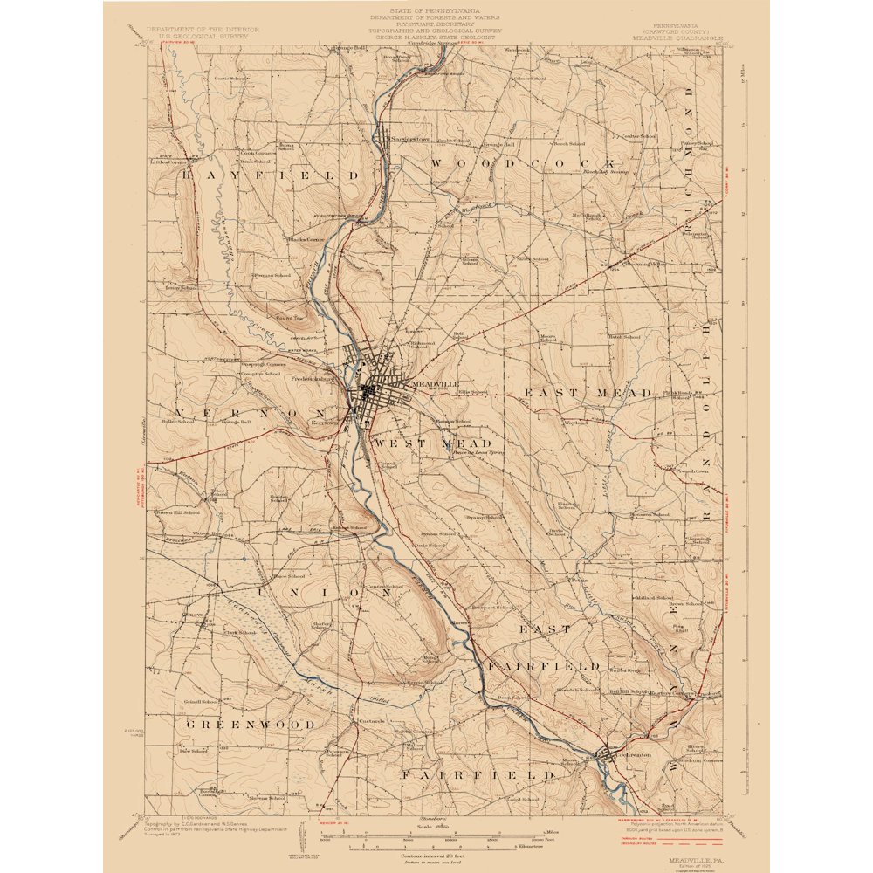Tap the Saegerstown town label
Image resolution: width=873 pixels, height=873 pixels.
pyautogui.click(x=409, y=139)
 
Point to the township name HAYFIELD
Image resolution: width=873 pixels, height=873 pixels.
pyautogui.click(x=271, y=175)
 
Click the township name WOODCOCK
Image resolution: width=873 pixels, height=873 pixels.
pyautogui.click(x=524, y=164)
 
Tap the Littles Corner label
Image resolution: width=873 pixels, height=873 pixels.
pyautogui.click(x=169, y=162)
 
